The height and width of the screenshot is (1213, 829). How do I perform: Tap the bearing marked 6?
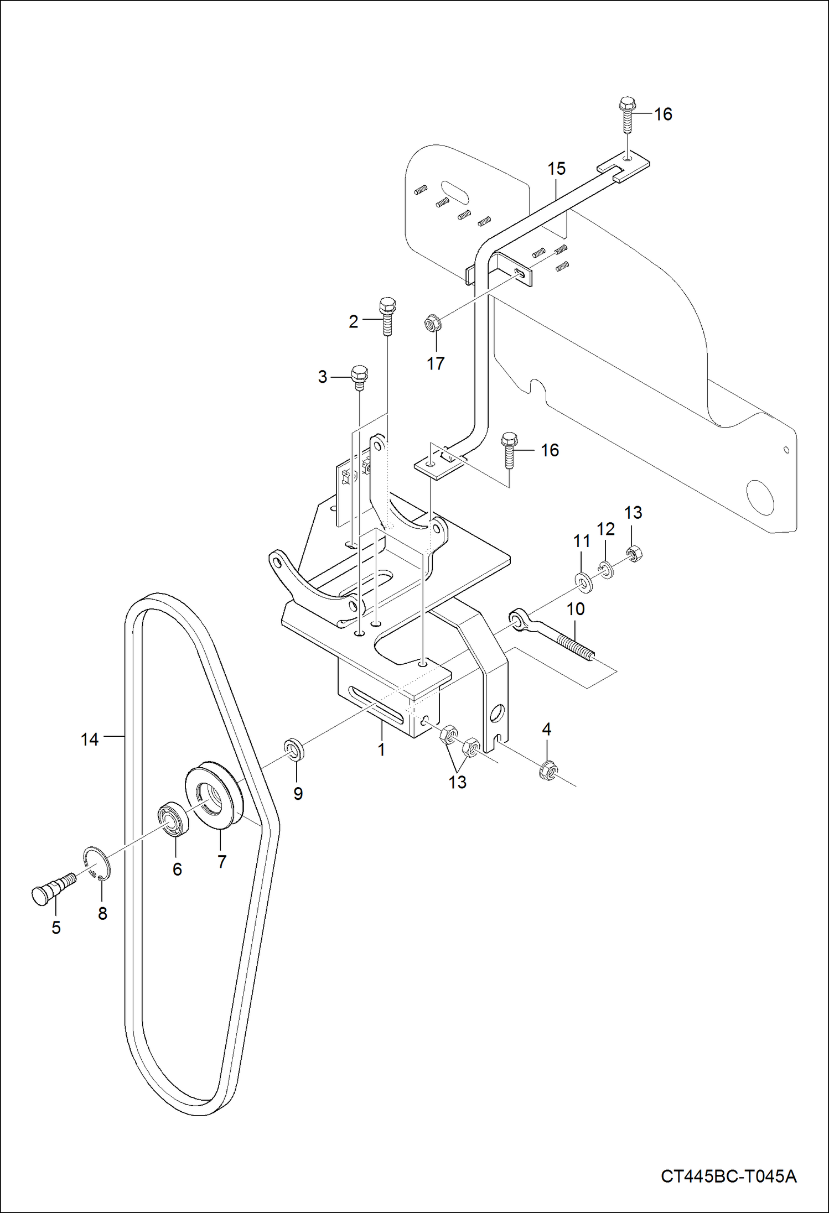[x=174, y=819]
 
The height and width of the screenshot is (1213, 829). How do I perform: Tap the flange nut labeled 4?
[x=548, y=769]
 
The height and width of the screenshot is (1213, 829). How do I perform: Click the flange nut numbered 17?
[x=432, y=322]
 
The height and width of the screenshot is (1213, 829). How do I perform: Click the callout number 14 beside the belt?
[x=89, y=740]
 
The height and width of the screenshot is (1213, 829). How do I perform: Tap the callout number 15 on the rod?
[x=557, y=169]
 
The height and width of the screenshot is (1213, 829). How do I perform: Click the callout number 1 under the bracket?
[x=381, y=750]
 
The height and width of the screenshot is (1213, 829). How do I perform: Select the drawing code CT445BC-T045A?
[x=728, y=1176]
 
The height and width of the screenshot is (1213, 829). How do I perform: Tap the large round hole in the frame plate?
[x=760, y=496]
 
